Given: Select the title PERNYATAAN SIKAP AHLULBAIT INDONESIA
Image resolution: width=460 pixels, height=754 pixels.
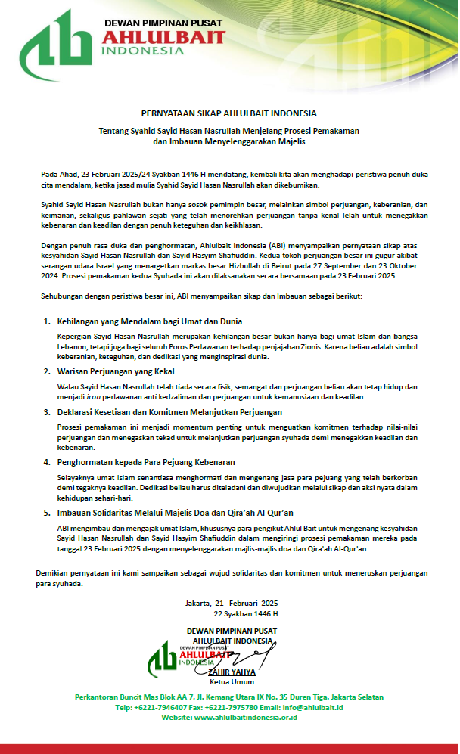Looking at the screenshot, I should click(229, 113).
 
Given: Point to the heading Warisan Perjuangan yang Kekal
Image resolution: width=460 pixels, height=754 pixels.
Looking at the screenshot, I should click(116, 371).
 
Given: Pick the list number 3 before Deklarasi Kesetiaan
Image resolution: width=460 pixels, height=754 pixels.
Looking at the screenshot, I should click(47, 412).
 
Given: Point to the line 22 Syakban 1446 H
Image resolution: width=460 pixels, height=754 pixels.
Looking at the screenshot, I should click(246, 614).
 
